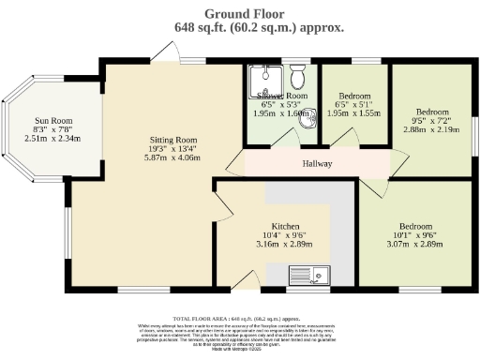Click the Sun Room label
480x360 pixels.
[x=52, y=121]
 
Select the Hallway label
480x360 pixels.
[x=318, y=164]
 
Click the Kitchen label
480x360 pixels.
[x=285, y=227]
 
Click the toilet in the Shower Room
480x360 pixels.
[x=297, y=75]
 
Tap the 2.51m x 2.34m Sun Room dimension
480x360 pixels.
[x=52, y=140]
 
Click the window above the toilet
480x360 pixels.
[x=298, y=63]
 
